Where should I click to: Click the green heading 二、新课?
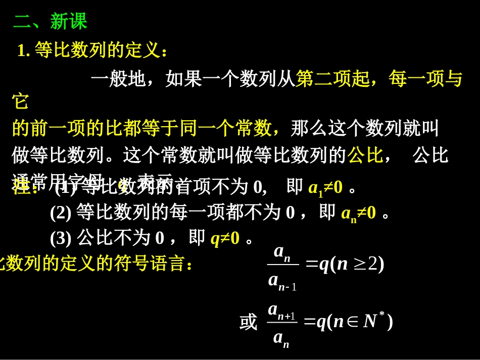[50, 22]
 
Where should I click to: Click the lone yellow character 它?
[21, 101]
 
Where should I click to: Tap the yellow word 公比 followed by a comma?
[365, 155]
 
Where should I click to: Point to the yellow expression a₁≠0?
[325, 188]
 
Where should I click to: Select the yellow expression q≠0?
[225, 238]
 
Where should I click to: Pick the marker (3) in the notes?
[61, 238]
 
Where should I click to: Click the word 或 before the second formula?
[249, 322]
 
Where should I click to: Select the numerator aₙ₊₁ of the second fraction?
[281, 310]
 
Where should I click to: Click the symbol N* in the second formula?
[373, 321]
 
